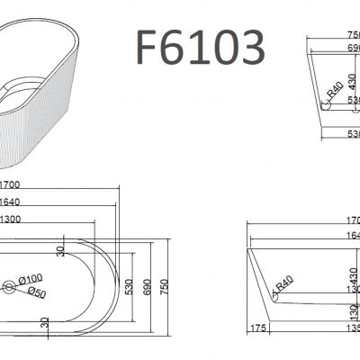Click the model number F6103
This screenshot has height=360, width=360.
coord(200,45)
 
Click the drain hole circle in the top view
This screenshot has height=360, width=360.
coord(8,287)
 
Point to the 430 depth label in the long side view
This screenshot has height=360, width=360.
coord(353,272)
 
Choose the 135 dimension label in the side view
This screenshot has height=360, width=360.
coord(352,329)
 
